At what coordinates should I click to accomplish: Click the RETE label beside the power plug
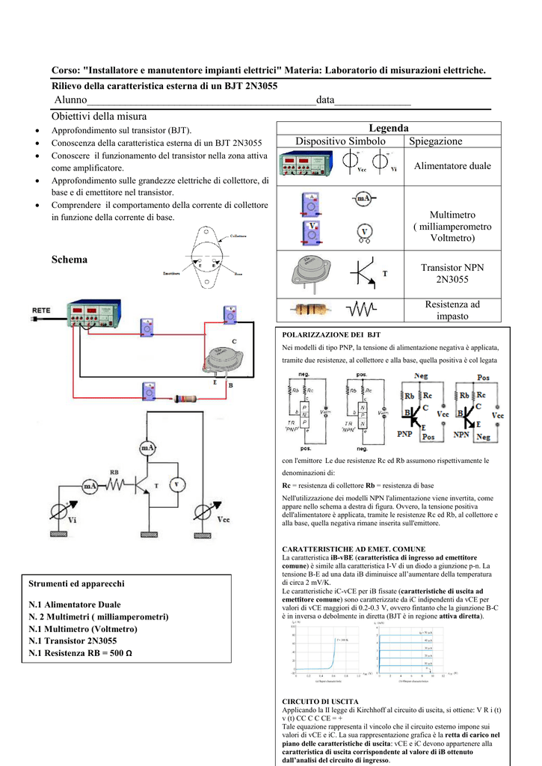41,308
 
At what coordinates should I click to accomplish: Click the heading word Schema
70,260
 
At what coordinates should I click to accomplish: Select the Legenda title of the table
388,128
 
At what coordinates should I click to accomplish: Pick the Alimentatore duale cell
452,166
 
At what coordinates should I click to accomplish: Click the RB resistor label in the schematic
114,472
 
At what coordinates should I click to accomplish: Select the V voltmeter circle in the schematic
176,484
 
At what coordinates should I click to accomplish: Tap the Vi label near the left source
72,519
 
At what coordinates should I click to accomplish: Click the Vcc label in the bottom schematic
224,519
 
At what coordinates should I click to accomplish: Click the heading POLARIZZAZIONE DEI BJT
331,335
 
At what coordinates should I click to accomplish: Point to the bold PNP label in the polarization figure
405,433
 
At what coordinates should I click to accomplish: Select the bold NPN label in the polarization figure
462,433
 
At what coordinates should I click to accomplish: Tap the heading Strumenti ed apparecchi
76,583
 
